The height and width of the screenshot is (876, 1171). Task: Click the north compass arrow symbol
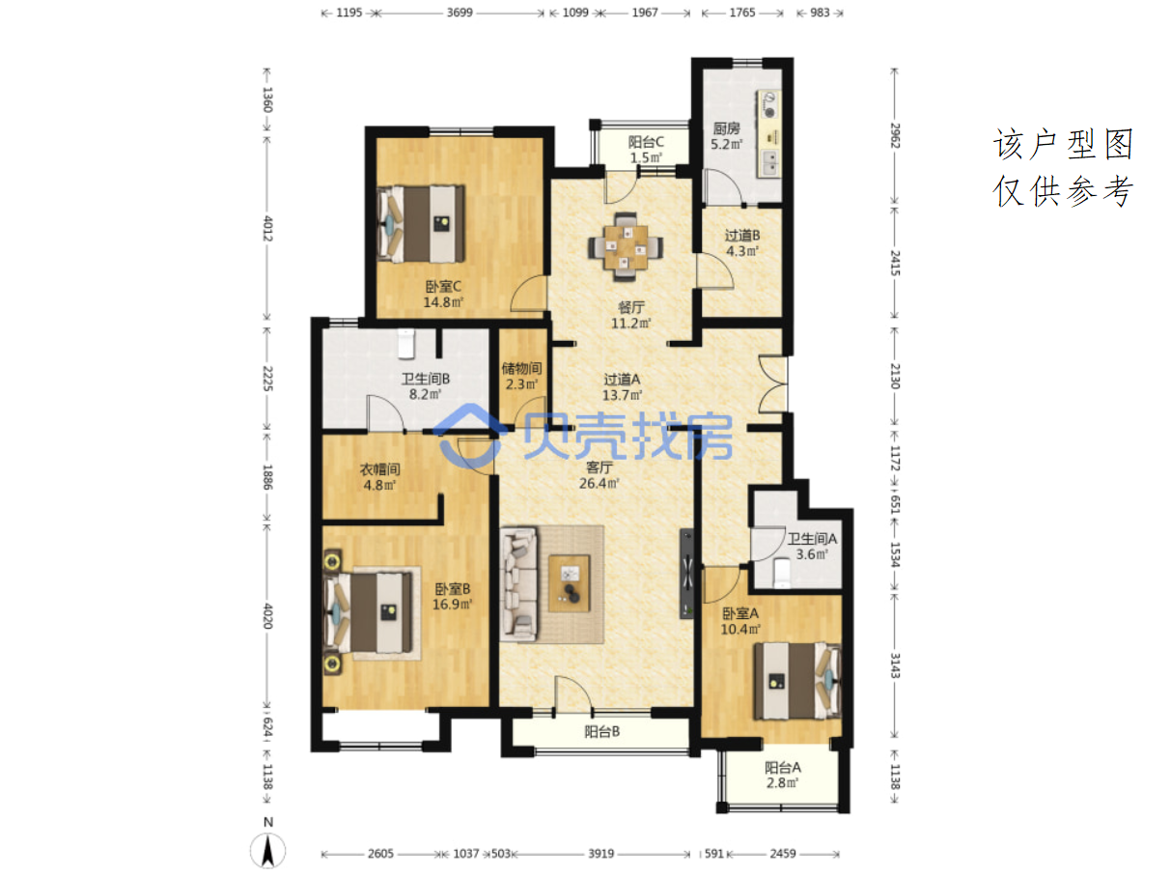point(267,852)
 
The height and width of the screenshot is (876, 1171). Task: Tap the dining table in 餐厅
point(626,247)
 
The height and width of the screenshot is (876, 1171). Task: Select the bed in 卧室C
point(421,223)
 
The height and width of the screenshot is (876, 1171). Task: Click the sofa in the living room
point(518,583)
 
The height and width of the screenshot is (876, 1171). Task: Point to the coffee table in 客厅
point(570,583)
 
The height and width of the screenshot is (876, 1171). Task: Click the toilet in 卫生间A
point(782,573)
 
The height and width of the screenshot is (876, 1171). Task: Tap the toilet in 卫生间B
point(406,343)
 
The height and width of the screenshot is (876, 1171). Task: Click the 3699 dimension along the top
point(460,13)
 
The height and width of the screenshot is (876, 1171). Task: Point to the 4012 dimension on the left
point(267,228)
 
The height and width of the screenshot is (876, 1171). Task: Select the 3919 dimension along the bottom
point(601,854)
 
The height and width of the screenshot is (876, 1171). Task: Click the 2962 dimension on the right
point(895,136)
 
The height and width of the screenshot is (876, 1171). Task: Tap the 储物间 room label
point(521,368)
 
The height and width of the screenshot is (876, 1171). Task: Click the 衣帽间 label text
point(379,469)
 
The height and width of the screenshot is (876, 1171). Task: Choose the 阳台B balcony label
point(601,731)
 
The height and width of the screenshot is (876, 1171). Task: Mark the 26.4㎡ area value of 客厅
point(599,483)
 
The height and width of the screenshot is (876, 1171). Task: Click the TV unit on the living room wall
point(686,574)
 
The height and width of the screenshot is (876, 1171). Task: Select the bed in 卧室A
point(797,681)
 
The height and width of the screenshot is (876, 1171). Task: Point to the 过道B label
point(742,236)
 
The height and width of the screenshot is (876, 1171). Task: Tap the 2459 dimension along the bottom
point(783,854)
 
